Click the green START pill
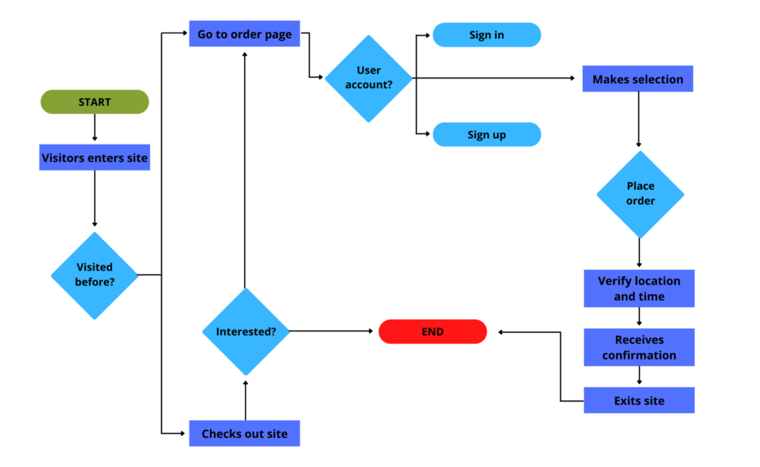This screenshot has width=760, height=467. click(x=94, y=102)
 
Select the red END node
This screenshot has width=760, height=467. click(x=433, y=331)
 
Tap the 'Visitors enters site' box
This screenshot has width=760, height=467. click(x=94, y=158)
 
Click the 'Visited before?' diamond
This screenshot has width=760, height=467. click(x=94, y=275)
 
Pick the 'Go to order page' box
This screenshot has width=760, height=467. click(x=244, y=34)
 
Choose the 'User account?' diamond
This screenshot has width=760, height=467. click(x=369, y=78)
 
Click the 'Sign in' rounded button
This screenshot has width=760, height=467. click(x=486, y=35)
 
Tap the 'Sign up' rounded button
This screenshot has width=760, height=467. click(x=486, y=134)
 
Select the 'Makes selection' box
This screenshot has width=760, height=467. click(x=638, y=79)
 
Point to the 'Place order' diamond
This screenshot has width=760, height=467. click(x=640, y=194)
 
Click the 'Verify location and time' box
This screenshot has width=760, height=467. click(x=639, y=288)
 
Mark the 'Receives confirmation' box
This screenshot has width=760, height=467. click(x=639, y=348)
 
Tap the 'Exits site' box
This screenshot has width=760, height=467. click(x=639, y=400)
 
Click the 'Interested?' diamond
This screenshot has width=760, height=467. click(x=246, y=331)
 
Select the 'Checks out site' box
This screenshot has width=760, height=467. click(x=244, y=434)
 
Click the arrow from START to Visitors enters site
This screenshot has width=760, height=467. click(x=94, y=129)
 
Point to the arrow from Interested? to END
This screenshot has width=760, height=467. click(x=334, y=331)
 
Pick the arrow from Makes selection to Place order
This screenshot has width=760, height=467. click(x=639, y=119)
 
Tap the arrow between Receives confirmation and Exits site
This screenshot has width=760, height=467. click(x=639, y=377)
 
